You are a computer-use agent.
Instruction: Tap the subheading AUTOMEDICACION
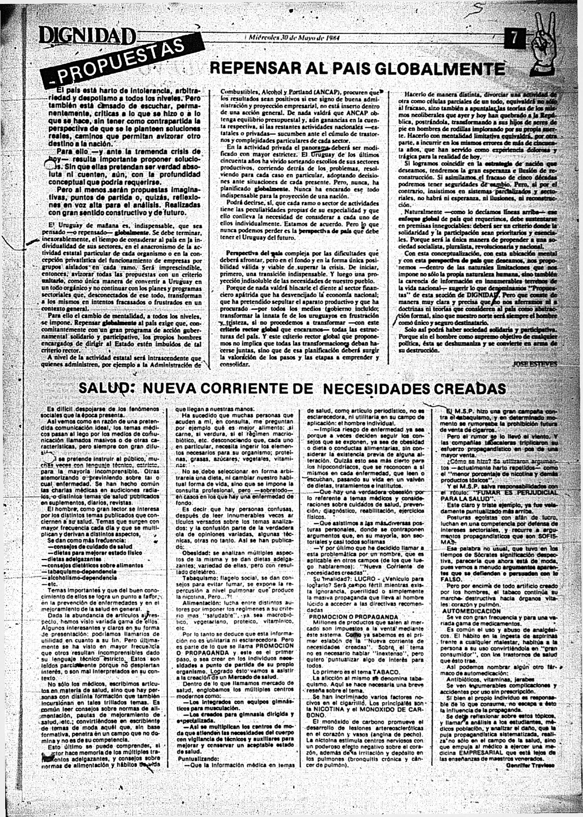tap(471, 610)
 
